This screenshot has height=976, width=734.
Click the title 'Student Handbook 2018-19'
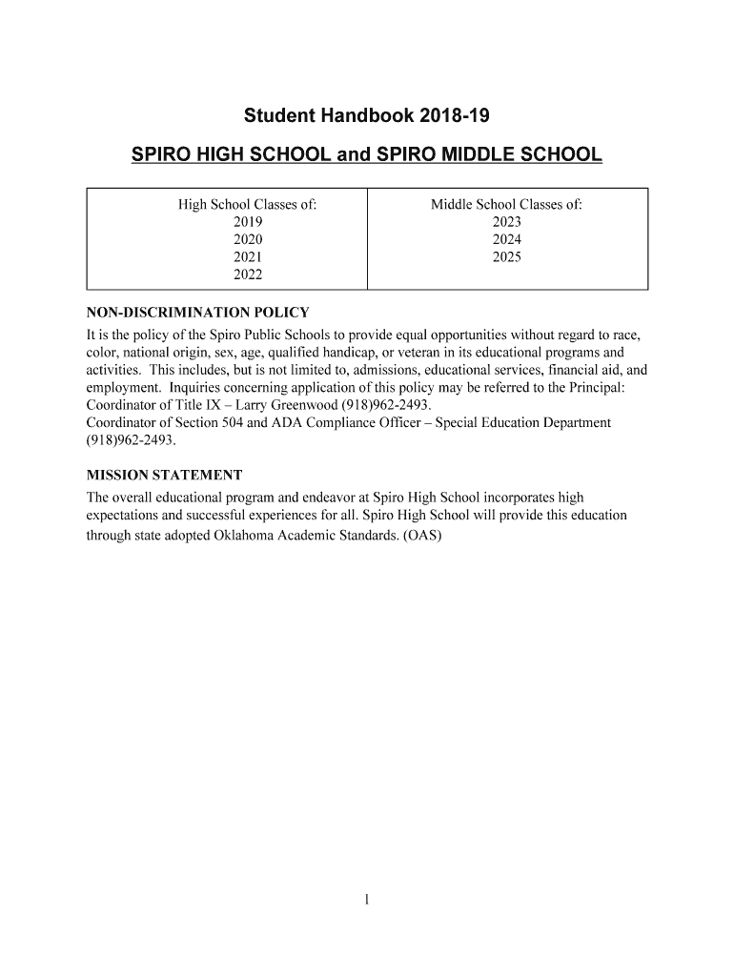click(367, 117)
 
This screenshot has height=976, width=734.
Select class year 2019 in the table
click(248, 222)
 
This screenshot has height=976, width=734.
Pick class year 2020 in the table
click(248, 239)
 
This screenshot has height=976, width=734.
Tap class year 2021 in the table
click(248, 257)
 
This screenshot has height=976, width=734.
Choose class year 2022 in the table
click(248, 274)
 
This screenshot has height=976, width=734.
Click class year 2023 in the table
click(506, 222)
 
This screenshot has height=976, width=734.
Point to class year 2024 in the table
click(506, 239)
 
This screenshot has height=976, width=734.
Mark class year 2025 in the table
click(506, 257)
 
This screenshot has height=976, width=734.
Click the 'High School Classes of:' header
click(248, 205)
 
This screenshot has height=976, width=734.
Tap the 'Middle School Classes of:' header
click(506, 205)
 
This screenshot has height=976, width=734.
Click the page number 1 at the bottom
click(367, 899)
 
